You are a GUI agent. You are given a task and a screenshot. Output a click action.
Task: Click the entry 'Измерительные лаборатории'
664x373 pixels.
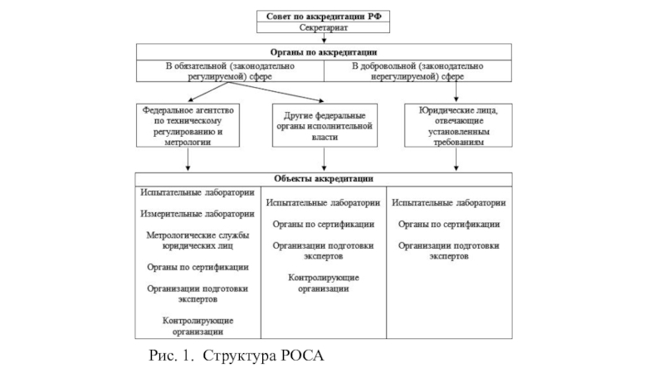(198, 214)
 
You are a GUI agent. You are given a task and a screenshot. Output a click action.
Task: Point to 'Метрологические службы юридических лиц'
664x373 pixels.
(198, 240)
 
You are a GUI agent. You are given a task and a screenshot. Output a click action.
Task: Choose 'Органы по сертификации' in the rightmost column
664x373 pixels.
(448, 224)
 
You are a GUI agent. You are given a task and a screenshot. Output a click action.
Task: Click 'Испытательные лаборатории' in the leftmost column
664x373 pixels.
(198, 192)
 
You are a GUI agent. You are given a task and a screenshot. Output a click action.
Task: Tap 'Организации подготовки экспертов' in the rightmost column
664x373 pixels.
(448, 250)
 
